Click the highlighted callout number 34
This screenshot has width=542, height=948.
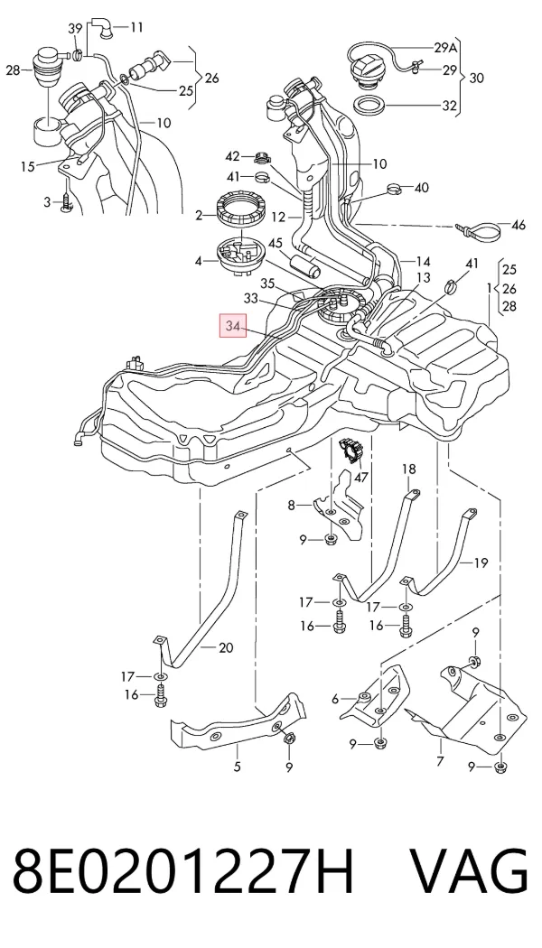coord(233,327)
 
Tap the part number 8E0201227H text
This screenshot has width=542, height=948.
coord(182,872)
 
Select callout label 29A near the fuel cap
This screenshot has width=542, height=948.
coord(446,48)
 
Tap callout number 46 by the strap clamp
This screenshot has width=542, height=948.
coord(519,226)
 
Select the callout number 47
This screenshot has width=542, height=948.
coord(360,478)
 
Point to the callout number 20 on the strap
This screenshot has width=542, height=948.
coord(226,648)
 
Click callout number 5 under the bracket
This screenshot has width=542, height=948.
coord(237,767)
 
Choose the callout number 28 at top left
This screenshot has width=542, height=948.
coord(14,70)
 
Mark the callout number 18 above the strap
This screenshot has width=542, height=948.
coord(409,469)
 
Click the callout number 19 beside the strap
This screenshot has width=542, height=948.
coord(481,563)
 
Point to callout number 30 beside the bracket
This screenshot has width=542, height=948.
coord(477,78)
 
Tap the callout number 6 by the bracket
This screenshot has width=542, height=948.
coord(335,699)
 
